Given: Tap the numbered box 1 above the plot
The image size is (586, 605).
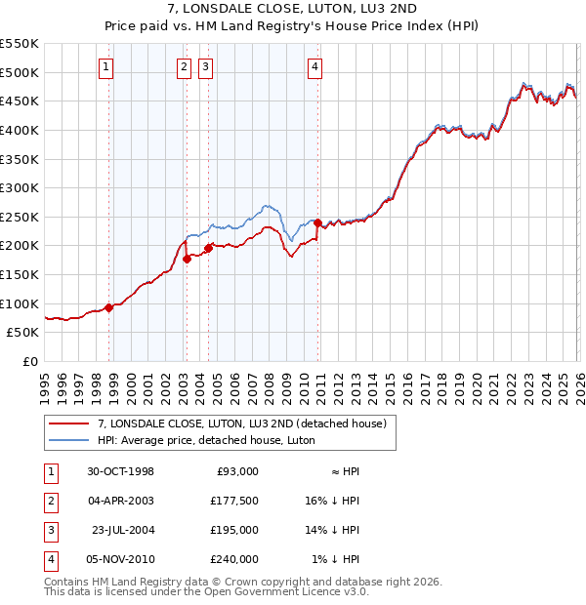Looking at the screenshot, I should (105, 67).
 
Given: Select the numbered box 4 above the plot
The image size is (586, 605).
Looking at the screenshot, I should (314, 67).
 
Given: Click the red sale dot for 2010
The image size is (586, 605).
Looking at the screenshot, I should (317, 222).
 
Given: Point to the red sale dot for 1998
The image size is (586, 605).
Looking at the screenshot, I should (108, 307).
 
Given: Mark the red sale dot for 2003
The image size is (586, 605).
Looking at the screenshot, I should (186, 259).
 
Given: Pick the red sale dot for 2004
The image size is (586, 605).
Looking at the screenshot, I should (208, 248).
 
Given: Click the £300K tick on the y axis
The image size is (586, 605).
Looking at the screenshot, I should (20, 187).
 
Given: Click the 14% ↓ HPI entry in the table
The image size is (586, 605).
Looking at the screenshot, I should (334, 530).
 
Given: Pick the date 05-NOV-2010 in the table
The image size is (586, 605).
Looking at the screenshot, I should (119, 559).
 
